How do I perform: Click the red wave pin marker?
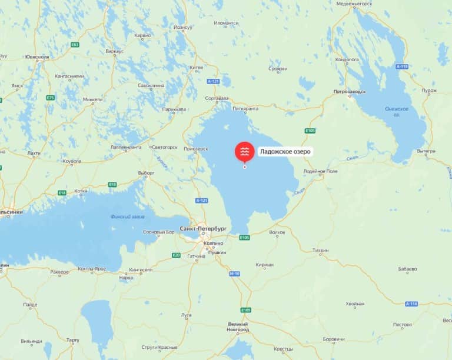(245, 152)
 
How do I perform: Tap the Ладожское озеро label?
(285, 152)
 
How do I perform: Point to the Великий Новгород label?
(238, 326)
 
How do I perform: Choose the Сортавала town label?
(217, 98)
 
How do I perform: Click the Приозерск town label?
(196, 148)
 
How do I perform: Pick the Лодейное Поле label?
(320, 171)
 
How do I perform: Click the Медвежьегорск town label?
(354, 3)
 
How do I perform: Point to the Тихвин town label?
(320, 249)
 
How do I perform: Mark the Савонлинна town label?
(151, 85)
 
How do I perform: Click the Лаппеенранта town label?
(126, 147)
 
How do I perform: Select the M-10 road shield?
(235, 274)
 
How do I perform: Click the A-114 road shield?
(412, 304)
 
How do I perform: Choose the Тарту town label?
(73, 340)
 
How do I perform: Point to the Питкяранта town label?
(246, 108)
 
